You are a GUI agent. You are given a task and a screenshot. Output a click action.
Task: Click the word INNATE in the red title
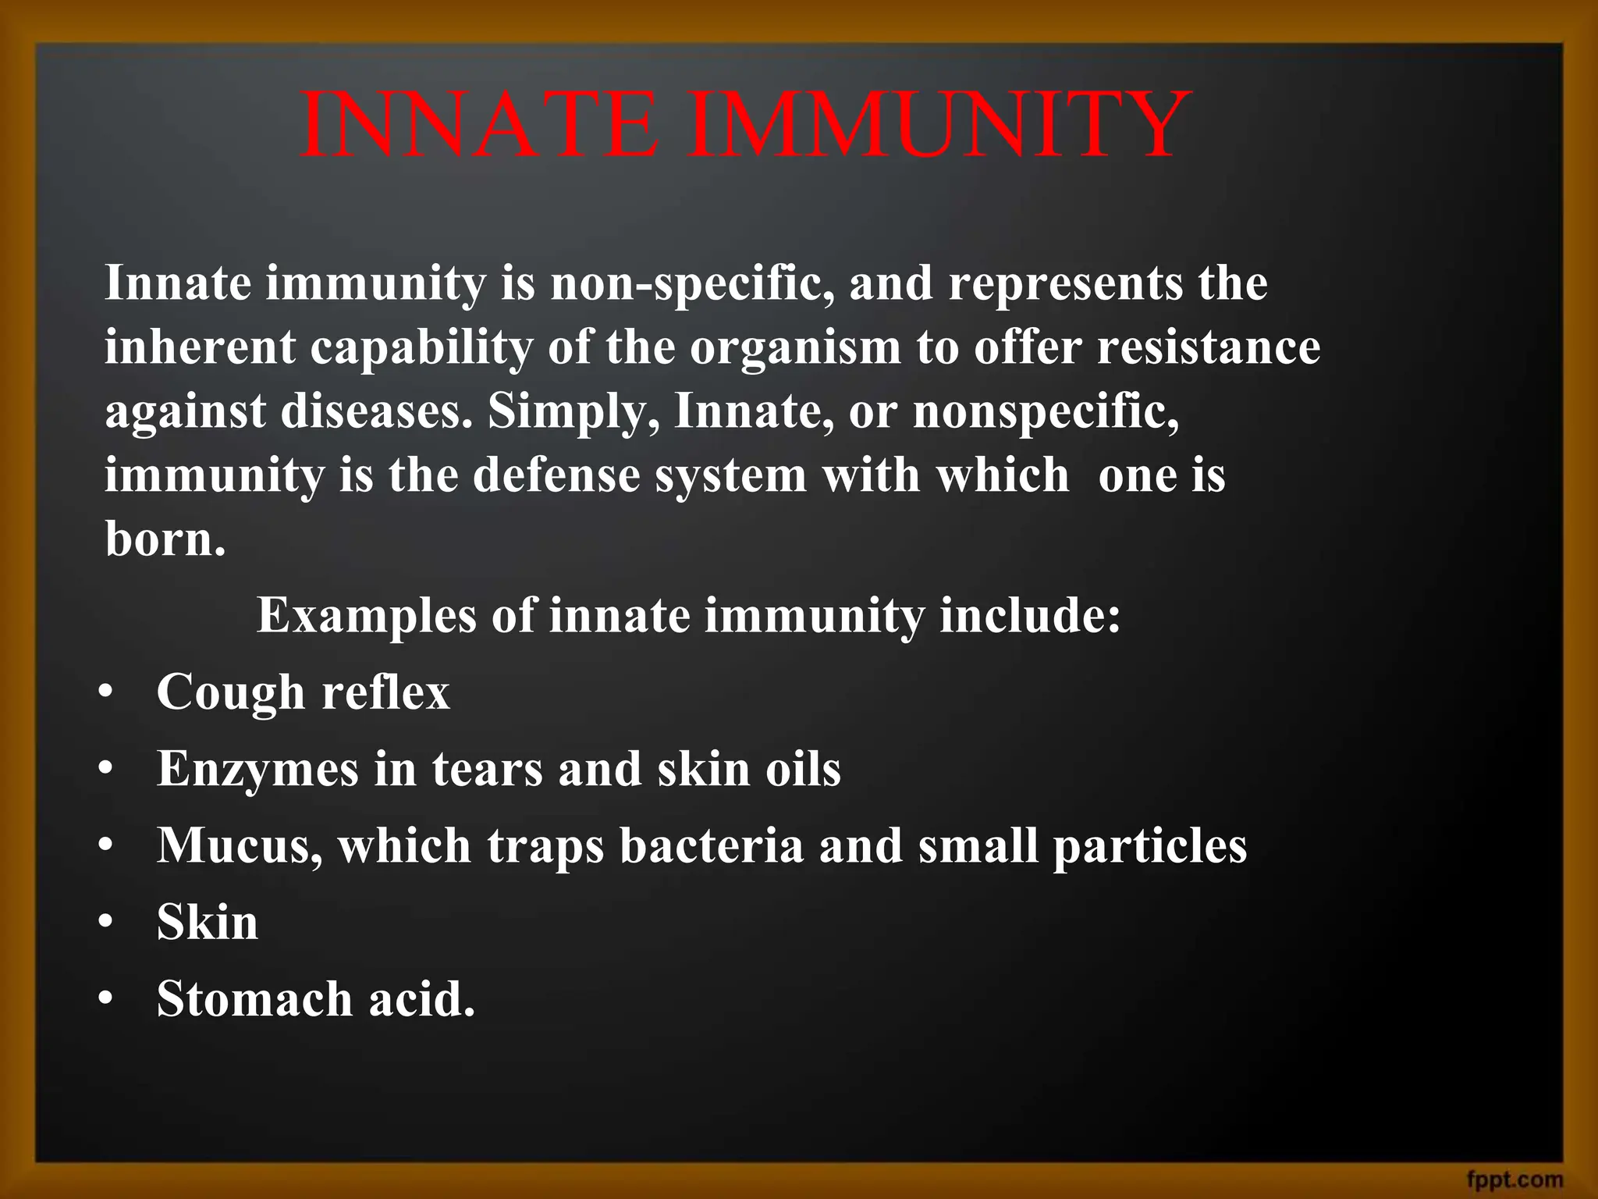pos(478,125)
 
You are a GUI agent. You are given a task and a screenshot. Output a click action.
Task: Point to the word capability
pos(421,348)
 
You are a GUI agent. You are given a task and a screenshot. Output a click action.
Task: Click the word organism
pos(795,348)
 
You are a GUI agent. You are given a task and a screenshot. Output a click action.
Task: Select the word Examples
pos(366,617)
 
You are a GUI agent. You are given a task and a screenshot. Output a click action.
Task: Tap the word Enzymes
pos(258,770)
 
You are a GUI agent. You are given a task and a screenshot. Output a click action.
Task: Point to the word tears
pos(488,769)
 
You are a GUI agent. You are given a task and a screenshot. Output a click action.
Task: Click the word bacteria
pos(711,845)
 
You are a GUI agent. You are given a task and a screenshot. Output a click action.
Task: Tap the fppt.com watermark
pos(1515,1179)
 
